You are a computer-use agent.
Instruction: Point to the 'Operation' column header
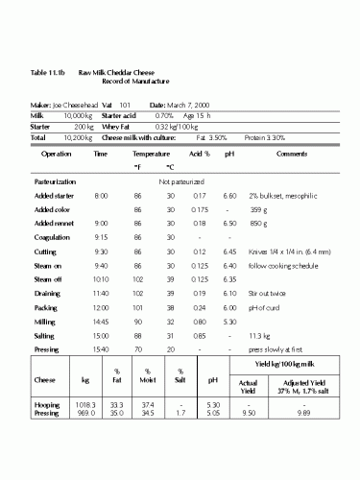click(x=57, y=153)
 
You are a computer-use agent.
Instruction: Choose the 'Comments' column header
click(x=290, y=153)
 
